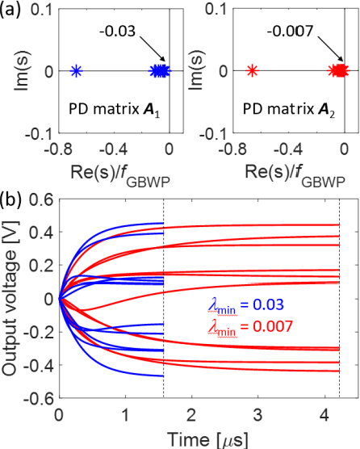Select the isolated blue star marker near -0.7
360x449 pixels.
click(75, 71)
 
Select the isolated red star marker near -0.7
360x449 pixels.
click(252, 71)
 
